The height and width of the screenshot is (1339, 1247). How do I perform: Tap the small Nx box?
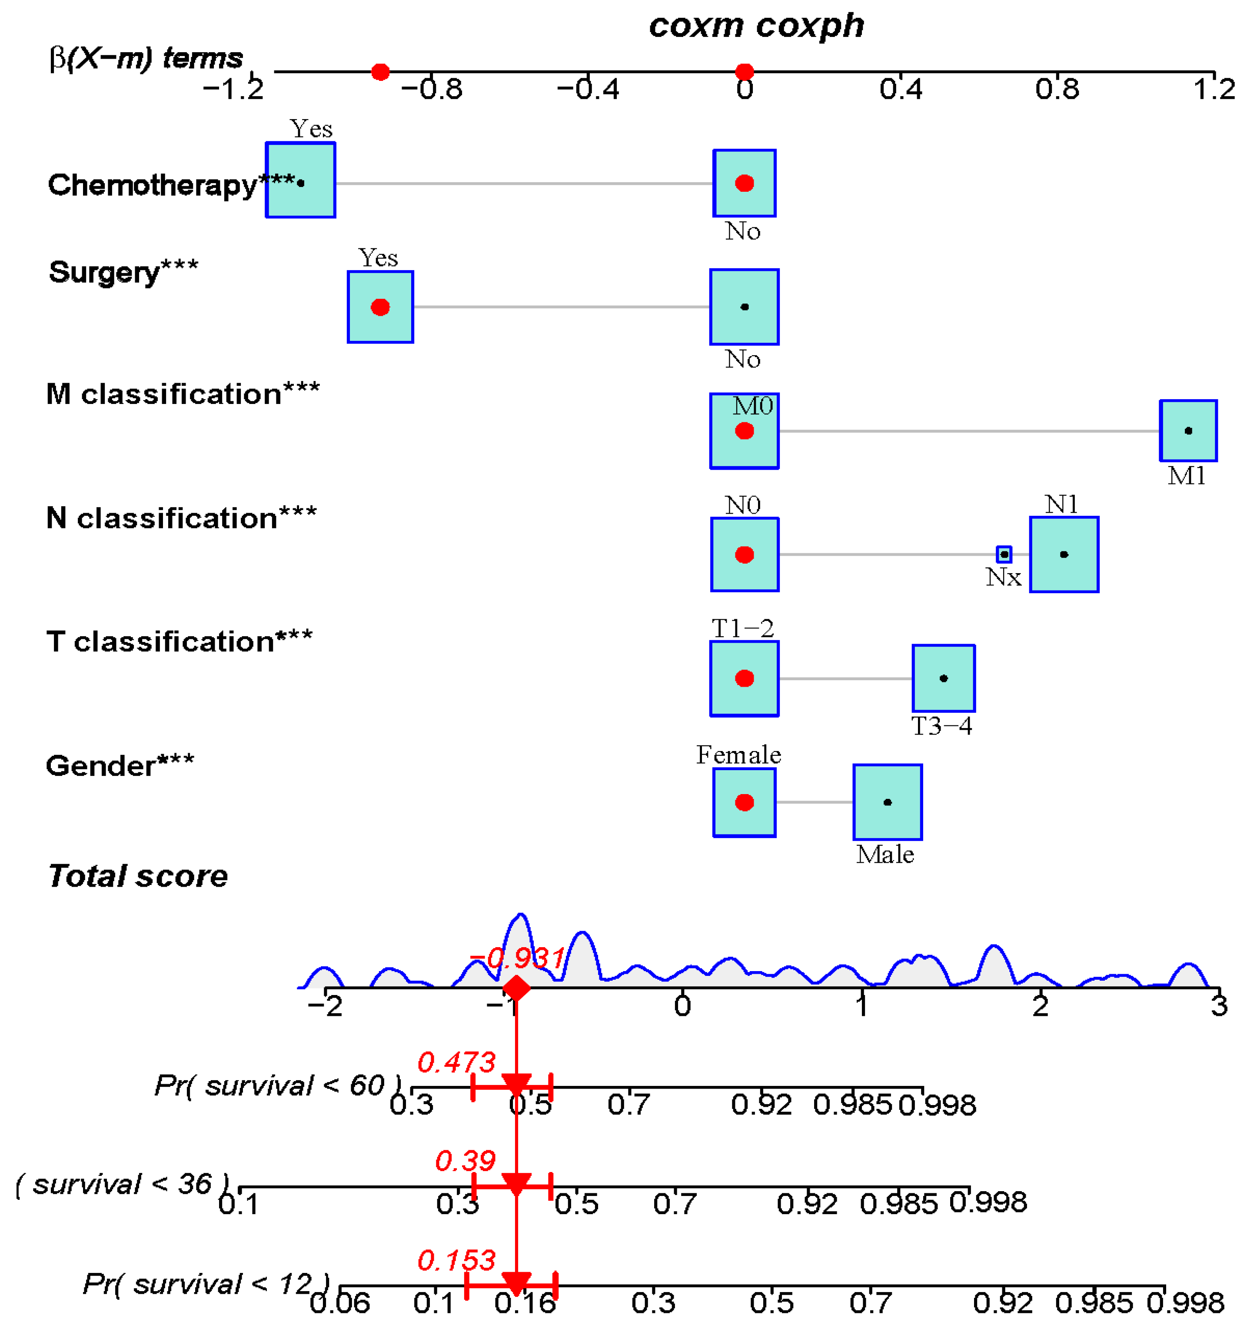[1003, 554]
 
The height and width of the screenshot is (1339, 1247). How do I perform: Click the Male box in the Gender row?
[887, 801]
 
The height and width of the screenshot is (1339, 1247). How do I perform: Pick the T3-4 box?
[943, 678]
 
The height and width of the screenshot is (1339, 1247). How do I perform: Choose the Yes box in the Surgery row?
[380, 307]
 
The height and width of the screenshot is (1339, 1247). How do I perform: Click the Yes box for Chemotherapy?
[300, 180]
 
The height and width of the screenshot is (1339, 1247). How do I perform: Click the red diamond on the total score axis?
[516, 988]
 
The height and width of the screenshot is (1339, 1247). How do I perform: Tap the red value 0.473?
[456, 1062]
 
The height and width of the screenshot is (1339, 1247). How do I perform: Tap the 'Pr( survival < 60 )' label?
[277, 1085]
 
